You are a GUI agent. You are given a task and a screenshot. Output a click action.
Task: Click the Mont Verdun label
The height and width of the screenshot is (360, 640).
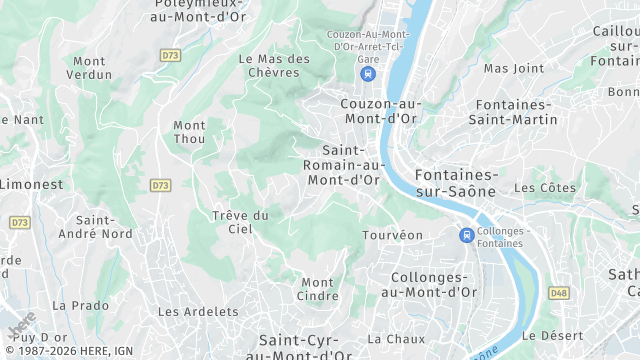click(x=88, y=68)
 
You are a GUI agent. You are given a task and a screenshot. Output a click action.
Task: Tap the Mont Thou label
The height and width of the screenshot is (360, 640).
click(x=189, y=132)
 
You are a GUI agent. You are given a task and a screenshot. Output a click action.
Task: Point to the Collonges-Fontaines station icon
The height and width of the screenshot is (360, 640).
click(x=466, y=235)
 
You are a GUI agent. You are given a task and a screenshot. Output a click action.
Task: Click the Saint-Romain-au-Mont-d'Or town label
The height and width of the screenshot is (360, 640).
click(x=343, y=165)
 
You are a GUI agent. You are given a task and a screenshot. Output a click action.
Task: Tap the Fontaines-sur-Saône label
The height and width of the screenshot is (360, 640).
click(x=456, y=181)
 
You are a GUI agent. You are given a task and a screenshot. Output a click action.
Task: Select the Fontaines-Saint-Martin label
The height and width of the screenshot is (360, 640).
click(x=516, y=112)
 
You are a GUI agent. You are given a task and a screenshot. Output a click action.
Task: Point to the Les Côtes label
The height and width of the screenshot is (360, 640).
click(x=545, y=188)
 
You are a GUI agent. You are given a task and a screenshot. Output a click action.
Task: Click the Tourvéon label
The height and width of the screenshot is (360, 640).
click(x=392, y=235)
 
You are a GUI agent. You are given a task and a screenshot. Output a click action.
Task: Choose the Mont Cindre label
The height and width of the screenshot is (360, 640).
click(x=318, y=289)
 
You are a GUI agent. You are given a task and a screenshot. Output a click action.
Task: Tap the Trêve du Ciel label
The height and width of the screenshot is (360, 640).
click(x=240, y=222)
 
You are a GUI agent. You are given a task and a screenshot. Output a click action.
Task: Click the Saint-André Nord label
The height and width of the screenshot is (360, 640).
click(x=104, y=227)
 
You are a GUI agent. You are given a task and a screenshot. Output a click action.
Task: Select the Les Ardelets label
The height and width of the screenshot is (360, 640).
click(x=198, y=312)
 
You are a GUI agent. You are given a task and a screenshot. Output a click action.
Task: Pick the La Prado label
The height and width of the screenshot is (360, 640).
click(x=80, y=305)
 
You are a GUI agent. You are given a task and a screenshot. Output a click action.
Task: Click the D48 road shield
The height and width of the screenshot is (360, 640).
click(x=558, y=293)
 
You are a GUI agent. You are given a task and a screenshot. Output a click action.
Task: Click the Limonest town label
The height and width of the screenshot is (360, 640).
click(x=30, y=185)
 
